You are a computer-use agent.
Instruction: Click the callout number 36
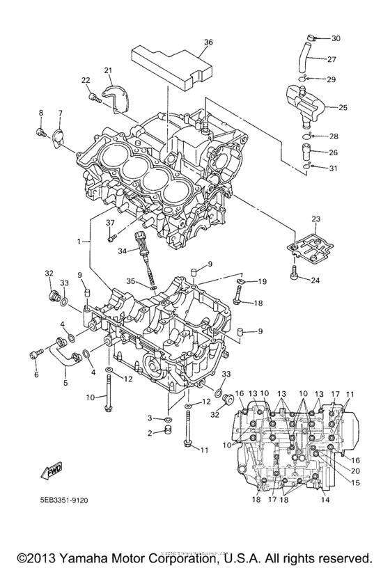[x=208, y=42]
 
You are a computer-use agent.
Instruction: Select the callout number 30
[x=336, y=38]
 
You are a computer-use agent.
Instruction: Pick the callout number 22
[x=86, y=81]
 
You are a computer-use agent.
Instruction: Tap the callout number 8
[x=40, y=113]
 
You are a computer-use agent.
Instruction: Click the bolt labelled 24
[x=296, y=274]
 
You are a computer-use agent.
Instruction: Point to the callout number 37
[x=109, y=223]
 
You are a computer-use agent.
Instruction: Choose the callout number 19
[x=263, y=281]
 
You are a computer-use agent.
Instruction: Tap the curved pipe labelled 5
[x=66, y=355]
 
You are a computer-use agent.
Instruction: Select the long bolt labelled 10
[x=109, y=394]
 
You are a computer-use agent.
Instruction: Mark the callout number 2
[x=149, y=433]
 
